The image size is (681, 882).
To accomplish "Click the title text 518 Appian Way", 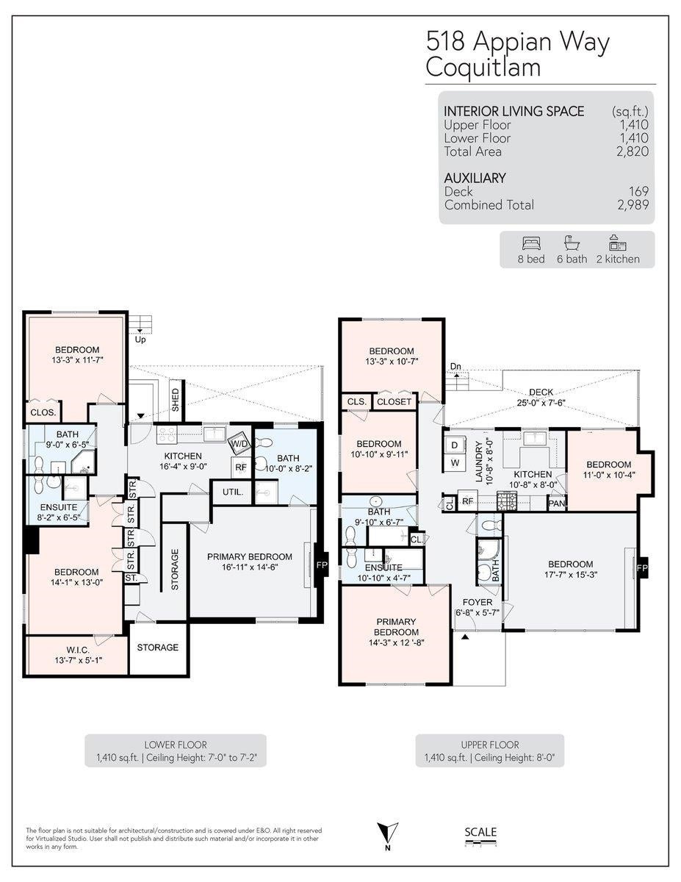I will click(517, 43).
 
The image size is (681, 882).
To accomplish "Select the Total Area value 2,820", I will click(633, 151).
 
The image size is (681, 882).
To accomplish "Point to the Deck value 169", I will click(638, 192).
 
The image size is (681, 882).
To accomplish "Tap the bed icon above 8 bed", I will click(532, 243).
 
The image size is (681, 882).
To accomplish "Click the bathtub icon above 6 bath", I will click(572, 243).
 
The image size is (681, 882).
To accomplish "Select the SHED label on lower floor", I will click(176, 398).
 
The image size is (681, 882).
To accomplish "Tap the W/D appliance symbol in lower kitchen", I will click(239, 444).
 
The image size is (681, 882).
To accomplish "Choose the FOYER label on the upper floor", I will click(478, 601).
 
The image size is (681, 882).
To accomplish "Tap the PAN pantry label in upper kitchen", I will click(556, 503).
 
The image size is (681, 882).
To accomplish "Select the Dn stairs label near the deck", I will click(455, 367).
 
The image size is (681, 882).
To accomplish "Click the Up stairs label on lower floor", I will click(140, 340).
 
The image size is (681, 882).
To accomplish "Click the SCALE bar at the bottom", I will click(480, 836).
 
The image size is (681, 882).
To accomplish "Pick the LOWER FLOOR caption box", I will click(176, 750).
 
